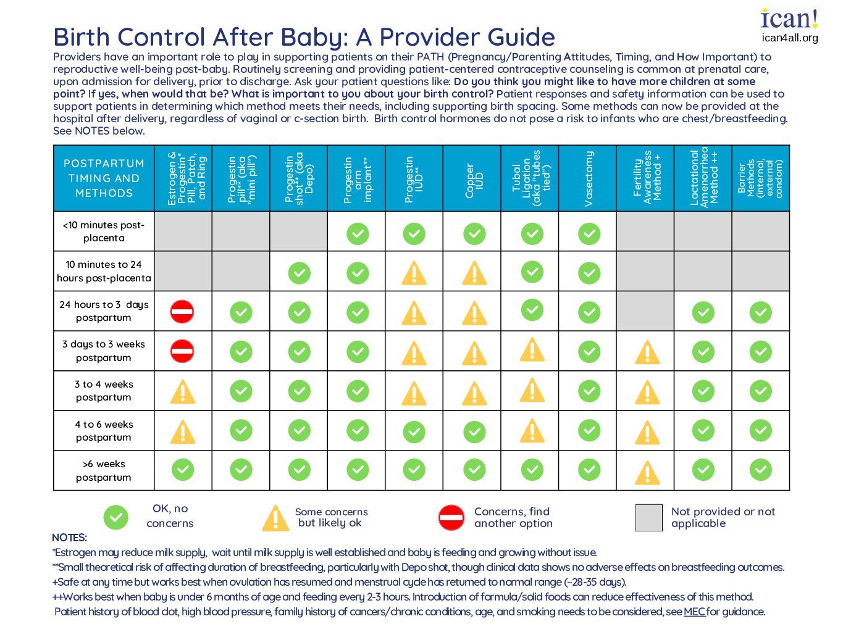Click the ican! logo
[789, 19]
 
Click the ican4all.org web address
[789, 38]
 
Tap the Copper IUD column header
[474, 178]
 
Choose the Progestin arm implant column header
[357, 178]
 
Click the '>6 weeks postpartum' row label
[104, 470]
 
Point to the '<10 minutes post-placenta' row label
[104, 231]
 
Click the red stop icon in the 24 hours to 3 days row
[182, 312]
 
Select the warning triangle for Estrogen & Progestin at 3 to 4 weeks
[183, 392]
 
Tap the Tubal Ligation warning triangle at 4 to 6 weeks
[532, 431]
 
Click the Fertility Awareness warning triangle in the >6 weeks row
[647, 473]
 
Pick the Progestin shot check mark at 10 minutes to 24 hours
[299, 273]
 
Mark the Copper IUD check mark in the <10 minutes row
[474, 233]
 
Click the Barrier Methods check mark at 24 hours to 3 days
[760, 312]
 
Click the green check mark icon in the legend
[115, 517]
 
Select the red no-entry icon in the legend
[451, 517]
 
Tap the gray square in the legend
[648, 517]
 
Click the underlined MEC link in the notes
[694, 612]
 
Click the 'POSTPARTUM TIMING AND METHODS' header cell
[104, 178]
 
